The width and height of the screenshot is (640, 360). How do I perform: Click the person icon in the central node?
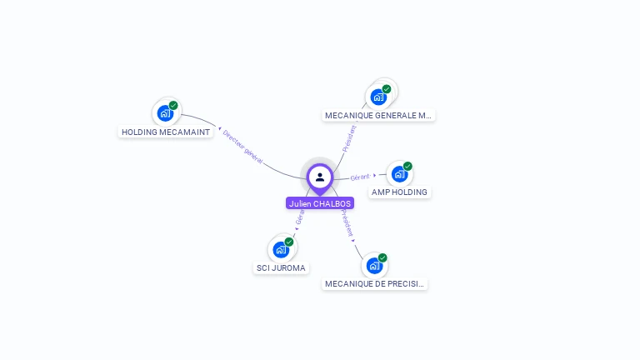320,177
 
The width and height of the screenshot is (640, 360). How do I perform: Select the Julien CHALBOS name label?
320,203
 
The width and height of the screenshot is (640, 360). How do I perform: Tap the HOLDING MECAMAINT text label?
166,132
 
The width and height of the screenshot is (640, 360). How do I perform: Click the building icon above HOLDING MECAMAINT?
165,112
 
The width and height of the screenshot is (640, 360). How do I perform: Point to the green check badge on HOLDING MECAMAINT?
173,106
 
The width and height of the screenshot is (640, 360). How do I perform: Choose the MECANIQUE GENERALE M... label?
378,115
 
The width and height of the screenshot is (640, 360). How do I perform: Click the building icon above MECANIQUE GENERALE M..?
378,96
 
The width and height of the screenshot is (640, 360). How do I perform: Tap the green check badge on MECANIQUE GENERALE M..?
387,89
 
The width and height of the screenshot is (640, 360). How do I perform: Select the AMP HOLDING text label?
399,192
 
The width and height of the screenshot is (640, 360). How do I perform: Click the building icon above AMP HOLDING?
399,173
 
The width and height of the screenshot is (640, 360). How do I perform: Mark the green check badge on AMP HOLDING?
407,166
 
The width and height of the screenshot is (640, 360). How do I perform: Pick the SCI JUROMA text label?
281,267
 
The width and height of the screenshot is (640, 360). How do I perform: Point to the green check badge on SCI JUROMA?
289,242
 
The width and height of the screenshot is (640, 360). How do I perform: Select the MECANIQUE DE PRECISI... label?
375,283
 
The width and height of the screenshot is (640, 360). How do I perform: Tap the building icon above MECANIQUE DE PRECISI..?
374,265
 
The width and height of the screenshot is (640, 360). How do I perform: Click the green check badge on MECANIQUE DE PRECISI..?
382,258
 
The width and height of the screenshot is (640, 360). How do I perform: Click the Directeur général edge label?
242,147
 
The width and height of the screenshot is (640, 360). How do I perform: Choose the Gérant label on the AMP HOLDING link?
360,177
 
